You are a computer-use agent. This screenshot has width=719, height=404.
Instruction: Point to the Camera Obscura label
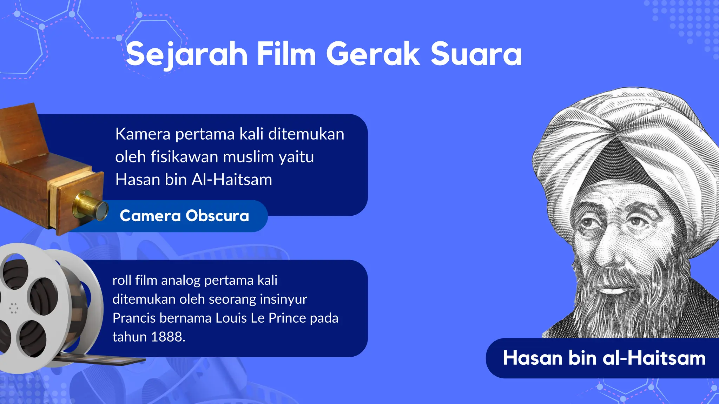[184, 216]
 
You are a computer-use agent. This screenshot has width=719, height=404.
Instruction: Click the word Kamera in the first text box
[143, 134]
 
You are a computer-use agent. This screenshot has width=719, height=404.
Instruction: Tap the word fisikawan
[183, 157]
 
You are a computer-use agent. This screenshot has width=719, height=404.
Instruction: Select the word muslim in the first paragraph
[248, 157]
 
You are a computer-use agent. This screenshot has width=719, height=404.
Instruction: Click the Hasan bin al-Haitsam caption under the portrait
[604, 358]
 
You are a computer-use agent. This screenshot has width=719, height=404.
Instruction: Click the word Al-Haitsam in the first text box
[232, 180]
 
